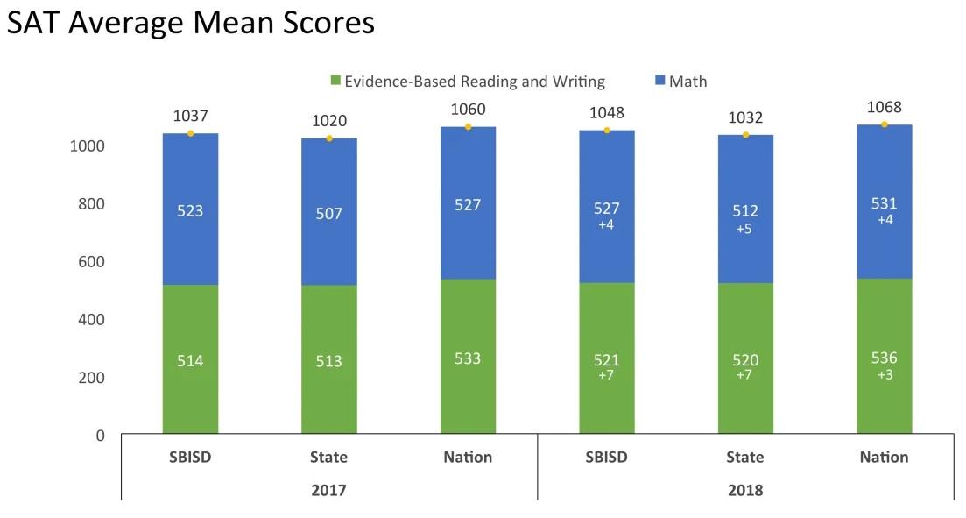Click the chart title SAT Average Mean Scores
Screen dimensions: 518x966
pos(191,23)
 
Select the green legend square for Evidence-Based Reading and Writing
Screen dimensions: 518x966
pos(335,82)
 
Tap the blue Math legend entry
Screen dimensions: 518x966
pos(680,82)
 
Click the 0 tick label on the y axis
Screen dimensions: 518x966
pos(99,436)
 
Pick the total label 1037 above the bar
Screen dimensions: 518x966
pos(190,116)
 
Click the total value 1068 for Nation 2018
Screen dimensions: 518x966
pos(884,108)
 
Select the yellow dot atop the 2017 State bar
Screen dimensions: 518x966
pos(329,138)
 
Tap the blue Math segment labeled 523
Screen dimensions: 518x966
pos(190,211)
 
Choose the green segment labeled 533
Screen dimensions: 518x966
pos(468,358)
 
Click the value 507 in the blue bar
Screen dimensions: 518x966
pos(329,213)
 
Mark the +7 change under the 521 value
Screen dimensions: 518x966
pos(606,374)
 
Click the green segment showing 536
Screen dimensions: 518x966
pos(884,358)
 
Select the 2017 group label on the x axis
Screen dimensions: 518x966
pos(328,490)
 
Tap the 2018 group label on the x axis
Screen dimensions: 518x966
pos(744,490)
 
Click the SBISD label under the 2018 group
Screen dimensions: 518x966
pos(606,457)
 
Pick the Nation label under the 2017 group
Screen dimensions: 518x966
pos(468,457)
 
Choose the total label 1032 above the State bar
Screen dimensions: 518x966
pos(745,118)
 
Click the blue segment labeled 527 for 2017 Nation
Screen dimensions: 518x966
pos(468,205)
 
